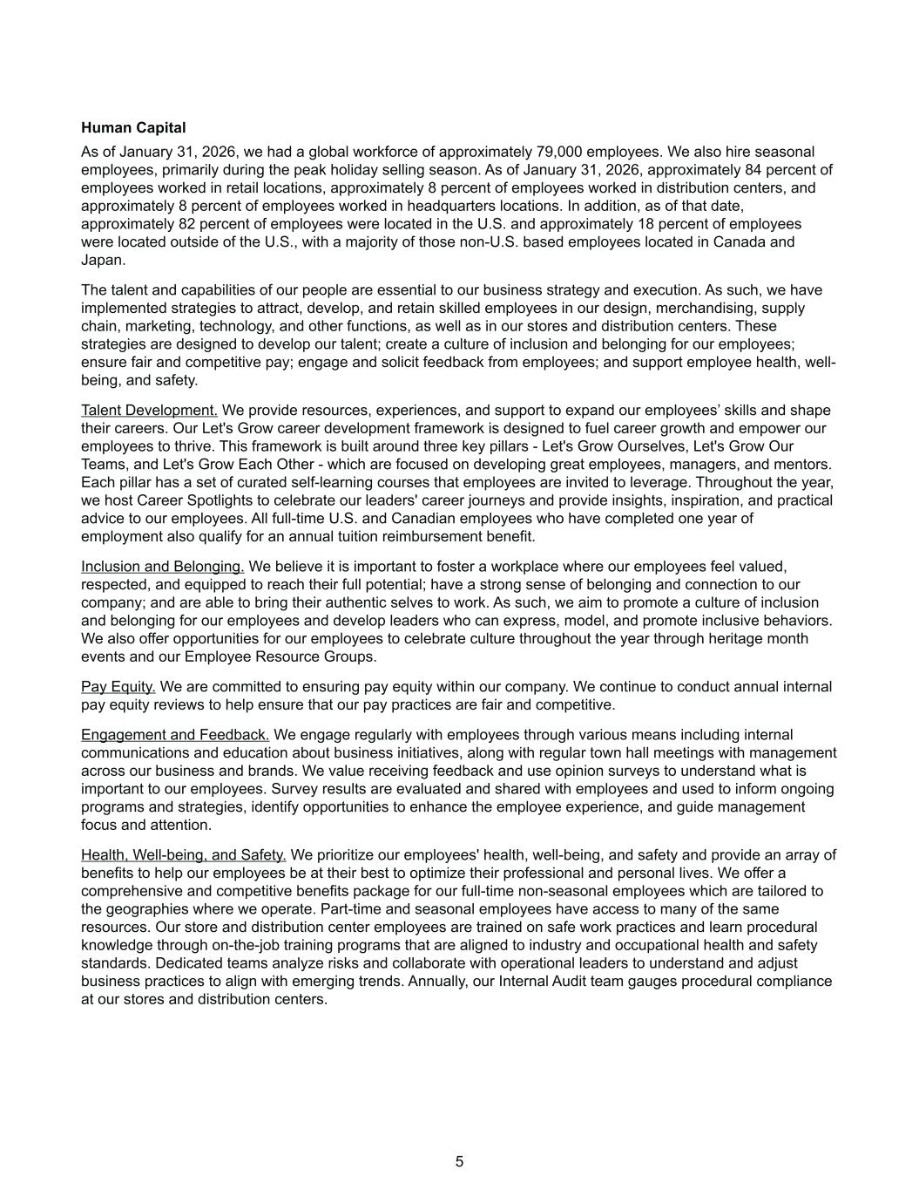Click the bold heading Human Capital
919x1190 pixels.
(x=133, y=128)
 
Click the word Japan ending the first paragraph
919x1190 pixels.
(x=103, y=260)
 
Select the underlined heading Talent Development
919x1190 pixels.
(x=149, y=411)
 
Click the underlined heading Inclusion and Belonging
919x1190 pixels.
(x=162, y=567)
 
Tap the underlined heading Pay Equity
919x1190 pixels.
(x=118, y=687)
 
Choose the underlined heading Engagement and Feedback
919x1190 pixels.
(x=175, y=735)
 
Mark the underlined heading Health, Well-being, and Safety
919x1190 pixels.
(x=183, y=855)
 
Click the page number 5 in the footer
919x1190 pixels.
(x=459, y=1162)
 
